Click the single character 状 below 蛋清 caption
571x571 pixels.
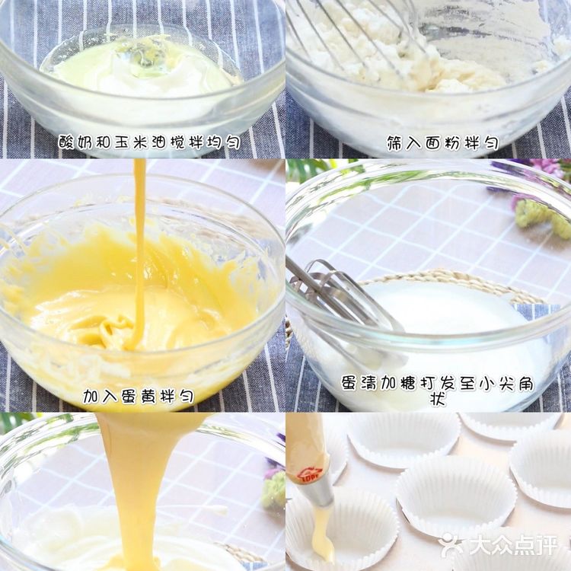[437, 400]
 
